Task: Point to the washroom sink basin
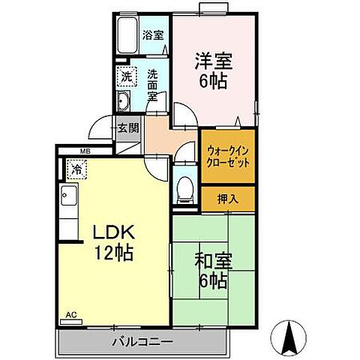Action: (125, 103)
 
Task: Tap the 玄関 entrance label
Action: (127, 127)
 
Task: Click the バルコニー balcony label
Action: (142, 342)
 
